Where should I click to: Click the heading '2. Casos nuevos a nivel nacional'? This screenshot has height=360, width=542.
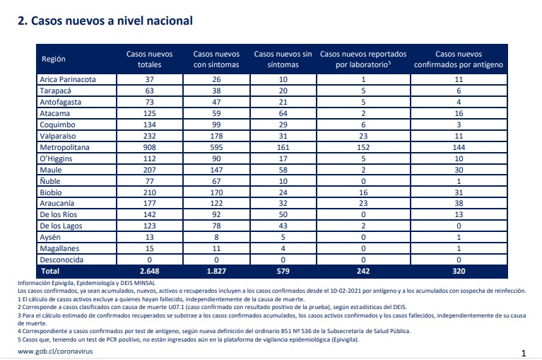point(105,21)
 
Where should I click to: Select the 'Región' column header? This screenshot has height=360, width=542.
point(54,59)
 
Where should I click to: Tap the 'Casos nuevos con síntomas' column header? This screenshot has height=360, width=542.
point(216,59)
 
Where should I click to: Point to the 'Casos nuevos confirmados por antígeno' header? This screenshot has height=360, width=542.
point(459,59)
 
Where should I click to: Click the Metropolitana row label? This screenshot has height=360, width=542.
point(64,147)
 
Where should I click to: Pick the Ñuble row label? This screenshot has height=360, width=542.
point(50,181)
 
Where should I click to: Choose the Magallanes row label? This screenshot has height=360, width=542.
point(59,249)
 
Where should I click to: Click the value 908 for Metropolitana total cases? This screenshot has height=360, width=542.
point(149,147)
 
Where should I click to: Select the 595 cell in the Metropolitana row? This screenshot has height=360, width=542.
point(216,147)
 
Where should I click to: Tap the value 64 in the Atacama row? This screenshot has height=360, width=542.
point(283,113)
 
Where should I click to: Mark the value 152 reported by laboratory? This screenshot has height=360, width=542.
point(363,147)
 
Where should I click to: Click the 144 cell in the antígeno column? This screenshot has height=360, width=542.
point(459,147)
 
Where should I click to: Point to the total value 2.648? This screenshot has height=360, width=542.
point(149,271)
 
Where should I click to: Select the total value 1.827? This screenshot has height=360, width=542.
point(216,271)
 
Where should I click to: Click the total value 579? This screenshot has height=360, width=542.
point(283,271)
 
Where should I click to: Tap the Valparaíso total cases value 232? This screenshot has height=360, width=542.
point(149,136)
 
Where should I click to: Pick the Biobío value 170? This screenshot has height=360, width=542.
point(216,192)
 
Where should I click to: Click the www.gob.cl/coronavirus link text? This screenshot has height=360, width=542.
point(55,352)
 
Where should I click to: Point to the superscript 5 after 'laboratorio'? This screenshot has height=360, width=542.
point(389,63)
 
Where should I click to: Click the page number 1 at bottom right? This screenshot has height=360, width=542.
point(524,353)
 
